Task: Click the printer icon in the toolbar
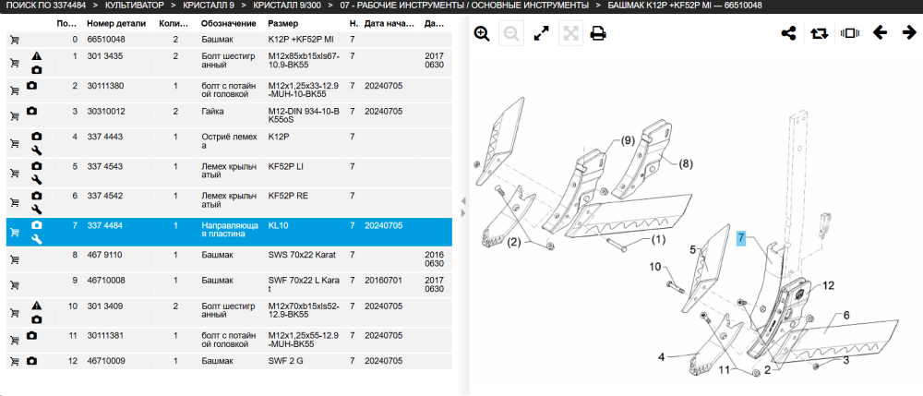pos(598,33)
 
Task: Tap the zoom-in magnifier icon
pos(482,33)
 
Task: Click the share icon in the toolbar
pos(788,33)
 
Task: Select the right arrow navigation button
pos(909,33)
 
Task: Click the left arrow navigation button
pos(880,33)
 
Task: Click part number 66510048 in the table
pos(106,40)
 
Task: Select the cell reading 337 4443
pos(105,138)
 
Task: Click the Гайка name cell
pos(212,111)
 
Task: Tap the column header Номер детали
pos(116,23)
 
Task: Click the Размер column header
pos(283,23)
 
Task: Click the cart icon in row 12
pos(15,361)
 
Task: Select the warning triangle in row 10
pos(37,306)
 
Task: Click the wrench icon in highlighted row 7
pos(37,239)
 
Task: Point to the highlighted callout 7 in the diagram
pos(741,238)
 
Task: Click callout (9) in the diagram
pos(627,140)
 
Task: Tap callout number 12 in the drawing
pos(828,286)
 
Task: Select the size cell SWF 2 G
pos(285,361)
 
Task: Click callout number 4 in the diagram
pos(661,356)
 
